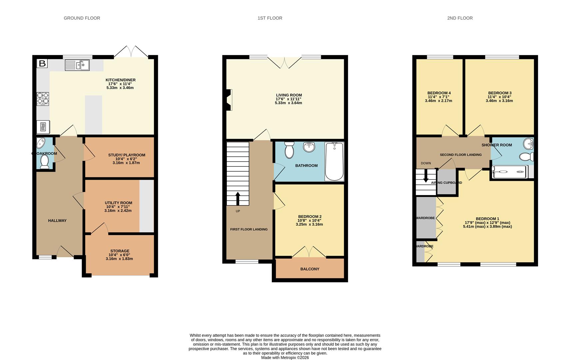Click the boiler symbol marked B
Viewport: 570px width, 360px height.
click(x=42, y=63)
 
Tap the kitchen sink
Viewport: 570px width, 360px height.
click(x=77, y=65)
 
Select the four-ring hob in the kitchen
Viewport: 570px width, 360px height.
click(x=43, y=99)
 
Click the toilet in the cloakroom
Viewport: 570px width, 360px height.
click(x=45, y=162)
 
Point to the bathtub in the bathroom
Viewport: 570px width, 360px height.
click(x=334, y=161)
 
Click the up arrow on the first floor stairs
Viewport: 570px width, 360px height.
click(x=238, y=199)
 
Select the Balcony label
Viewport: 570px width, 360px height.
click(x=310, y=269)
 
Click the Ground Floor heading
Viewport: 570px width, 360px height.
click(x=82, y=18)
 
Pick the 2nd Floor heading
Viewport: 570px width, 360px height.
click(x=460, y=18)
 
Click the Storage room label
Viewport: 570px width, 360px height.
click(x=120, y=251)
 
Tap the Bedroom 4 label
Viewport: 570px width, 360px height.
click(x=439, y=93)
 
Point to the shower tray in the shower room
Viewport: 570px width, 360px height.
click(x=510, y=172)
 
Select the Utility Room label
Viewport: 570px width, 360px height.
click(x=118, y=203)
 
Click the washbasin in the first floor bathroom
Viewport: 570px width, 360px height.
click(x=309, y=147)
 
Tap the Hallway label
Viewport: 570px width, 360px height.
click(x=57, y=221)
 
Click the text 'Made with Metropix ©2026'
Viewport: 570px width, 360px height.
click(x=285, y=357)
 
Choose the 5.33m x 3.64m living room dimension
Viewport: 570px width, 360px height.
click(x=288, y=103)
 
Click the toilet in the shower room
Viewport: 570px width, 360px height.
click(x=526, y=157)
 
